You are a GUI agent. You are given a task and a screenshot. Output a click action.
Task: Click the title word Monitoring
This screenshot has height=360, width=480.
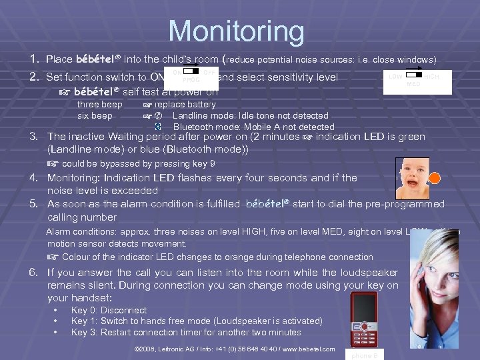click(x=236, y=31)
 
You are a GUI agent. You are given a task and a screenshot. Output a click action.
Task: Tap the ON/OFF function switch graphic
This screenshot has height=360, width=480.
click(x=191, y=74)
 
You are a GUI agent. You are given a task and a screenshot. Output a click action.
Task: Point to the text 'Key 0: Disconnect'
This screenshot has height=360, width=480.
click(x=109, y=310)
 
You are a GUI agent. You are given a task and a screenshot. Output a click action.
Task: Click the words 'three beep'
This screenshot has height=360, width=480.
click(x=100, y=105)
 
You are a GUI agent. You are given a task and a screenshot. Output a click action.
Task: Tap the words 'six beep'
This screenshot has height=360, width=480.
click(x=95, y=116)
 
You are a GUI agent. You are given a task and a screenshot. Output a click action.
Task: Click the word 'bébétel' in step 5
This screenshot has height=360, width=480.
click(x=267, y=204)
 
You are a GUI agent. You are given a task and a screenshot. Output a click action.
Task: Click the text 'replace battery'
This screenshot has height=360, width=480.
click(x=185, y=105)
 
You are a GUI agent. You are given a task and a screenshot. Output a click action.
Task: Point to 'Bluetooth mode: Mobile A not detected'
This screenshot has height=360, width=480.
click(x=253, y=127)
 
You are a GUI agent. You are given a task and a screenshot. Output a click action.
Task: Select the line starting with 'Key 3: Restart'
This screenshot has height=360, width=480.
click(x=186, y=332)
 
